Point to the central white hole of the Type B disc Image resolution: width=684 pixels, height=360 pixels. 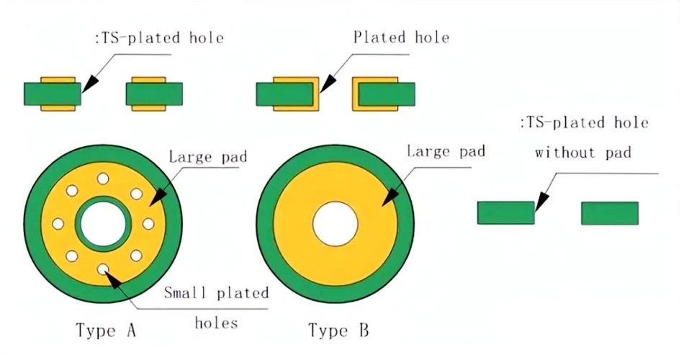[x=335, y=223]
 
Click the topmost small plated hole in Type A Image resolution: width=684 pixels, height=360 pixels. [x=102, y=178]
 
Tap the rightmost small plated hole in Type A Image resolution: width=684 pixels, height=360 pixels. [x=149, y=224]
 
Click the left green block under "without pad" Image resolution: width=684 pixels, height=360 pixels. [x=505, y=213]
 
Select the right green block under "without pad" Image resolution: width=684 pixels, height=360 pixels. [x=610, y=213]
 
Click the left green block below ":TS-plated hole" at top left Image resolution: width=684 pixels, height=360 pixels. [x=52, y=94]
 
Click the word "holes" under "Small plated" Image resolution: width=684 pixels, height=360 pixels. [x=216, y=322]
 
